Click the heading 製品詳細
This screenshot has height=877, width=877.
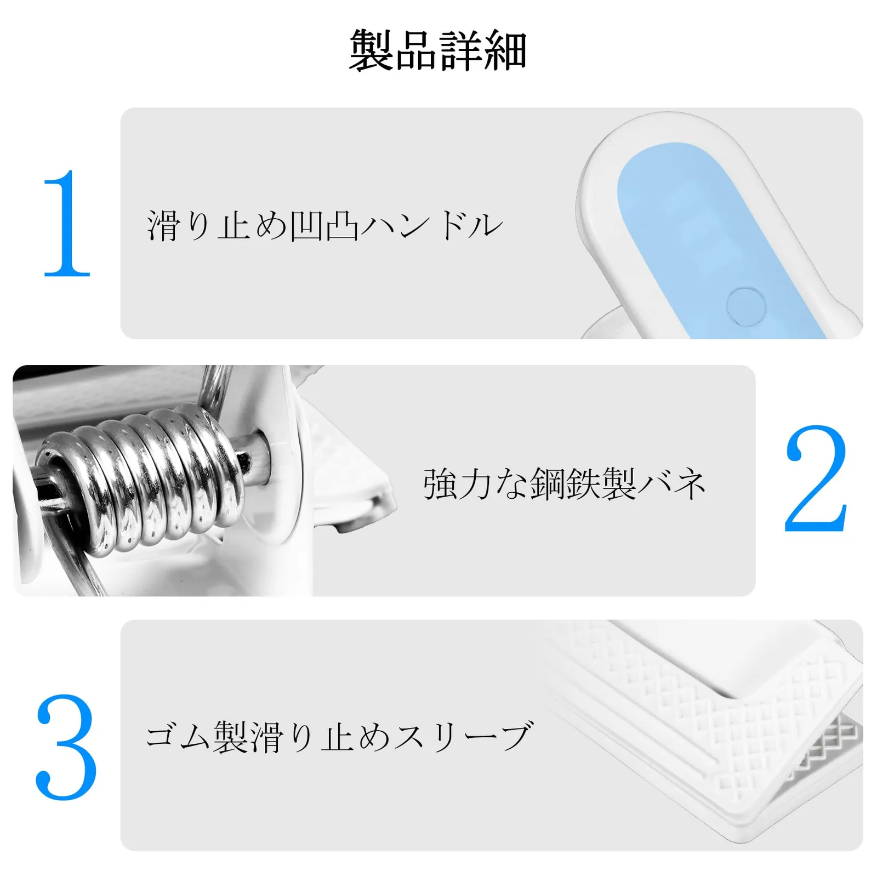pyautogui.click(x=438, y=50)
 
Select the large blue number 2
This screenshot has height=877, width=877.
pyautogui.click(x=816, y=479)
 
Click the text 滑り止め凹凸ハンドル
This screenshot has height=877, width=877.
pyautogui.click(x=324, y=225)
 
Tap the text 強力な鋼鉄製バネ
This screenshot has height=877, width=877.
pyautogui.click(x=564, y=484)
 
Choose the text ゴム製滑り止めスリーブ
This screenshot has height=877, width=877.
pyautogui.click(x=339, y=736)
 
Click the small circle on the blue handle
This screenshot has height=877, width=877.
pyautogui.click(x=745, y=306)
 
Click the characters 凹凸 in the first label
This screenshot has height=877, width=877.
pyautogui.click(x=324, y=225)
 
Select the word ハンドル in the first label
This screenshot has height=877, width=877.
pyautogui.click(x=432, y=225)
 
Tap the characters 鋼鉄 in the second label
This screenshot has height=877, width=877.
pyautogui.click(x=564, y=484)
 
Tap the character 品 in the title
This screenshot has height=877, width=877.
pyautogui.click(x=416, y=51)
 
